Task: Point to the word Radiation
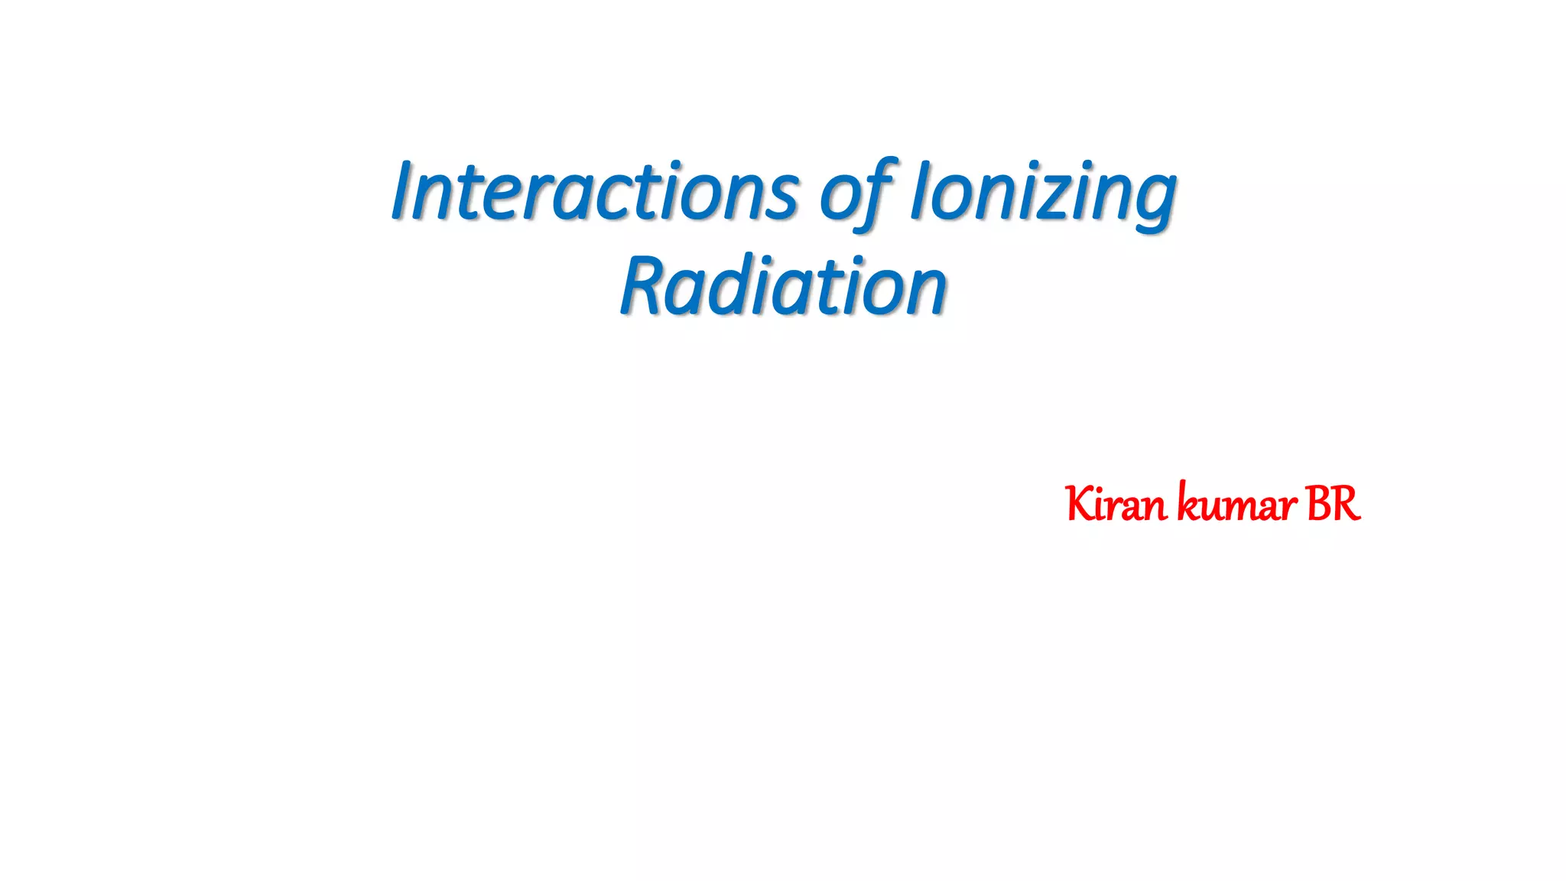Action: tap(783, 286)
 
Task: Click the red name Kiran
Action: tap(1116, 505)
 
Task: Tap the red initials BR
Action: tap(1334, 505)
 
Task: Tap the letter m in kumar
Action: tap(1243, 508)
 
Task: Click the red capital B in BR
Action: tap(1319, 505)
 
